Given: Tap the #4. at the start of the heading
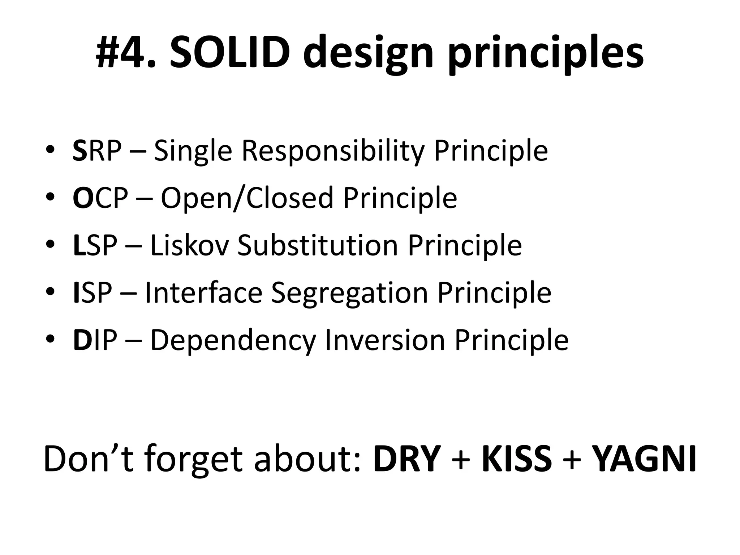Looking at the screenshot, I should pyautogui.click(x=126, y=53).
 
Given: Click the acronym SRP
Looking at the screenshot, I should pyautogui.click(x=97, y=151).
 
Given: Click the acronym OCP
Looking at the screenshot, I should pyautogui.click(x=100, y=198).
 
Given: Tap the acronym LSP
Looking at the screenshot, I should pyautogui.click(x=95, y=245).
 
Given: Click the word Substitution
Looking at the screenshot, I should pyautogui.click(x=318, y=245).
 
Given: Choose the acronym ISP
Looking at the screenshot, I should pyautogui.click(x=92, y=293).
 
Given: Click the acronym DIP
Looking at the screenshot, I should pyautogui.click(x=95, y=340).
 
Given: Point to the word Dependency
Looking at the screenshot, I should pyautogui.click(x=233, y=341).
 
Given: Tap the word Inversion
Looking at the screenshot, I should pyautogui.click(x=385, y=340).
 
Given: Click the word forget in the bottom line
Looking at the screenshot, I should pyautogui.click(x=193, y=461).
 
